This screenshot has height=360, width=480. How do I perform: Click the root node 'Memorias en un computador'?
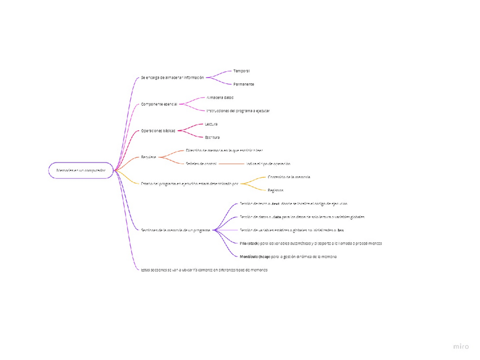tap(81, 170)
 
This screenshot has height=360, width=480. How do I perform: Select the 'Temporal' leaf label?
tap(242, 71)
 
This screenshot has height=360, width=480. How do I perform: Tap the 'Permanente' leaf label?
tap(244, 84)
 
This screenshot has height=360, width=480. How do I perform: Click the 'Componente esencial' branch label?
tap(159, 104)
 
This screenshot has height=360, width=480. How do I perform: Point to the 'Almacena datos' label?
tap(220, 97)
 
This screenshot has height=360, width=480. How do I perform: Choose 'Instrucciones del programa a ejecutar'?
tap(238, 111)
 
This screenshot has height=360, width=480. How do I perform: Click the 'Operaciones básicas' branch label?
tap(158, 131)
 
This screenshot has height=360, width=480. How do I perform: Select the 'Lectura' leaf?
tap(211, 124)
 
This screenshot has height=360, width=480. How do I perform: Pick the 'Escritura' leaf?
tap(212, 138)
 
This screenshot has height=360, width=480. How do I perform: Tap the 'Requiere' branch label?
tap(148, 157)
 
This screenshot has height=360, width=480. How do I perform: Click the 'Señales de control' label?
tap(201, 164)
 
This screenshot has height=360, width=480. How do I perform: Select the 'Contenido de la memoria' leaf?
tap(289, 177)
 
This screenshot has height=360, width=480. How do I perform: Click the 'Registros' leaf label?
tap(276, 191)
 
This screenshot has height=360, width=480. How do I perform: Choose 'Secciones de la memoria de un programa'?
tap(175, 230)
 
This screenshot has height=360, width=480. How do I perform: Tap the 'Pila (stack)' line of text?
tap(310, 243)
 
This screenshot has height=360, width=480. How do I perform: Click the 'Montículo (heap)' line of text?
tap(288, 257)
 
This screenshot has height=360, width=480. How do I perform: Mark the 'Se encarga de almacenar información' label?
tap(172, 78)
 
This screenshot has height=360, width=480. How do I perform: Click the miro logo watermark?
tap(461, 346)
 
